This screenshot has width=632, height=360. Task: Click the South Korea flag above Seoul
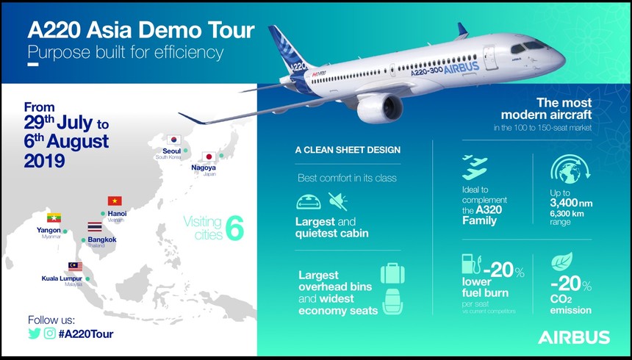tap(174, 138)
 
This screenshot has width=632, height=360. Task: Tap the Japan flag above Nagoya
tap(208, 156)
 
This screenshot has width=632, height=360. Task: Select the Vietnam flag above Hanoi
tap(115, 201)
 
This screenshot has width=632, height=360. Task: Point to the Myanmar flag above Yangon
tap(54, 217)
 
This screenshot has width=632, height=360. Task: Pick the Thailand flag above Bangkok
tap(94, 227)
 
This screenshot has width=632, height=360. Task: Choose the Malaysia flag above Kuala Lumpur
tap(74, 266)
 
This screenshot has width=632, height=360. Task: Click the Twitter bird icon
tap(34, 333)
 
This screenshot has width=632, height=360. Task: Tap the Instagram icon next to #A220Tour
tap(50, 333)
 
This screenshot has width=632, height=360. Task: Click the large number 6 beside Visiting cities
tap(234, 228)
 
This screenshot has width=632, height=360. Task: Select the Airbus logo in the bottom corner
tap(574, 337)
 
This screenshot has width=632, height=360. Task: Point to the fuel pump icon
tap(467, 264)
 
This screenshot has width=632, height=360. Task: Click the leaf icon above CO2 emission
tap(562, 261)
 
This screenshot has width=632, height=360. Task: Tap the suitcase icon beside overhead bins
tap(391, 273)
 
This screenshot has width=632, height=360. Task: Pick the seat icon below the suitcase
tap(391, 302)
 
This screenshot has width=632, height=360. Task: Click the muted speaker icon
tap(338, 201)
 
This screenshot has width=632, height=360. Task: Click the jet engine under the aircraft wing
tap(380, 107)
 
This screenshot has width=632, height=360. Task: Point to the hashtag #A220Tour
tap(86, 334)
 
